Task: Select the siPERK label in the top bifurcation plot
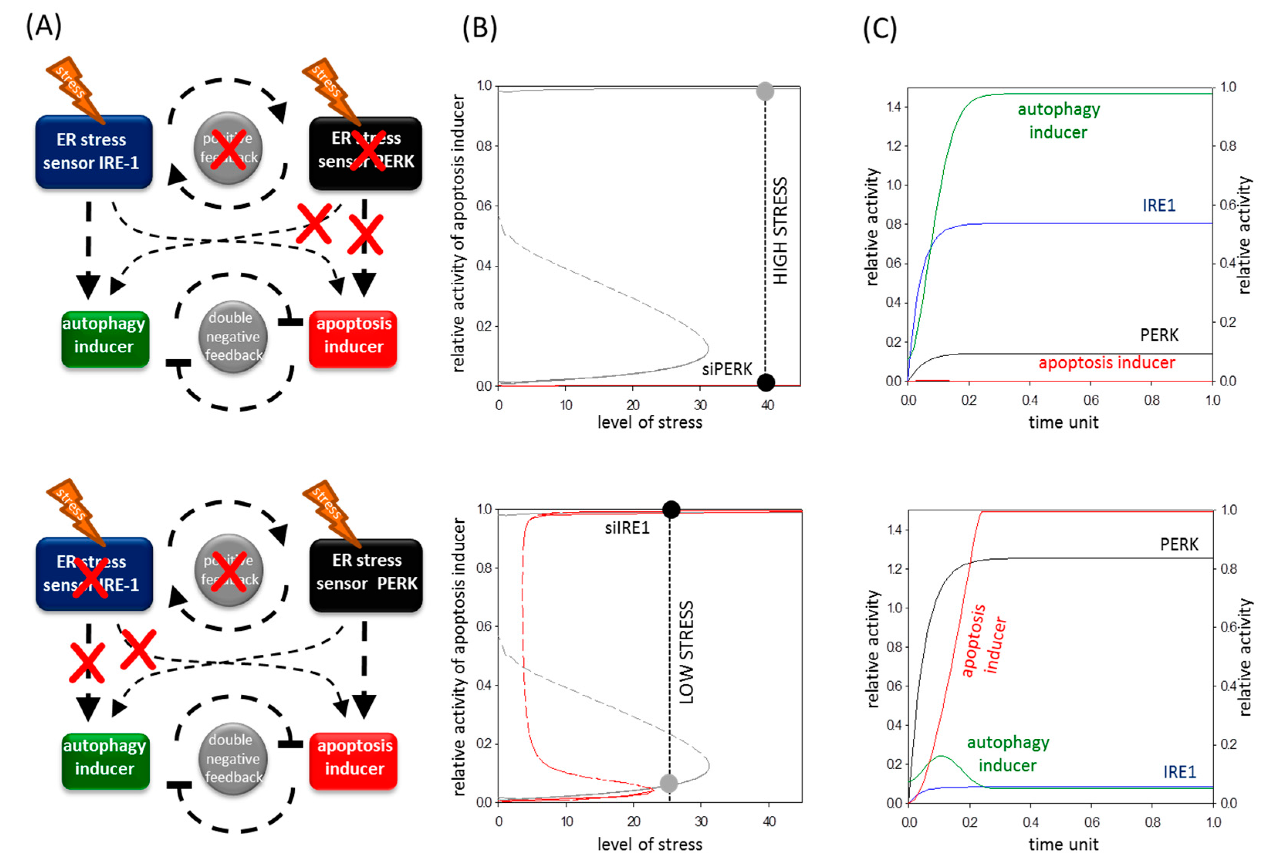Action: (727, 369)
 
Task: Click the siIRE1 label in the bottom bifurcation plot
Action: (627, 528)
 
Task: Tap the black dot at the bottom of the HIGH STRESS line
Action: (765, 382)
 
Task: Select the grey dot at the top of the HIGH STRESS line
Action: (765, 91)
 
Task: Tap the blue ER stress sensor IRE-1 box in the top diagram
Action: (93, 152)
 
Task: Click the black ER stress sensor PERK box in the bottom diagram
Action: (366, 574)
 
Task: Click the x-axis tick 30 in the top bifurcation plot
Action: (700, 405)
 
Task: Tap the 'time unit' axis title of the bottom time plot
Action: (1063, 844)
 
